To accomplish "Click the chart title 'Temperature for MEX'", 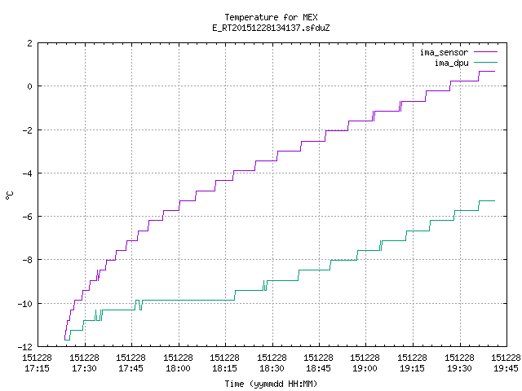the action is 271,17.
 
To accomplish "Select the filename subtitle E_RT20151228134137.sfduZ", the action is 271,28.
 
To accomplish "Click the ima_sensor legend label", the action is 444,52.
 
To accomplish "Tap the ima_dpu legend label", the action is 451,63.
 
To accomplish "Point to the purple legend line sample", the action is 485,52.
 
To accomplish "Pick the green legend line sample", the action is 485,62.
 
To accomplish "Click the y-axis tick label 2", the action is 30,43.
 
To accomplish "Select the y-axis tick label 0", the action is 30,86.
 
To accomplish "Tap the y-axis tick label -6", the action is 27,217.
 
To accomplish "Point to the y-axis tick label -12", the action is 25,347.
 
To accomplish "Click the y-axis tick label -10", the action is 25,304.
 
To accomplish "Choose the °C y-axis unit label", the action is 9,195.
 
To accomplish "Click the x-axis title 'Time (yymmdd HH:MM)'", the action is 271,384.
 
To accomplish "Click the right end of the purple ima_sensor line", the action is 495,71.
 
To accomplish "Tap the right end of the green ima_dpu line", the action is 495,201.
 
